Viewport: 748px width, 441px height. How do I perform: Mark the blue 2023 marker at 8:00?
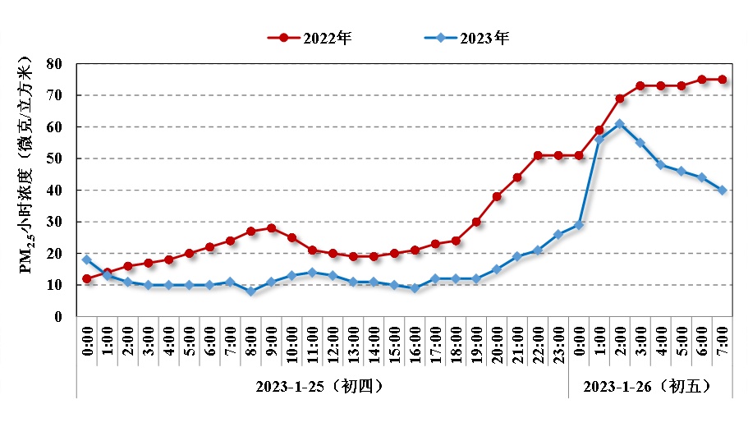click(x=250, y=291)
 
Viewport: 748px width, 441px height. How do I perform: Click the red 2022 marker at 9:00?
click(x=271, y=227)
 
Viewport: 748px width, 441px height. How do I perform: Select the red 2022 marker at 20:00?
click(x=497, y=196)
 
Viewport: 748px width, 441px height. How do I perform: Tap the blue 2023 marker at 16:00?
click(x=415, y=288)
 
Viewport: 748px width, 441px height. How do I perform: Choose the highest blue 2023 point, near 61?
click(x=620, y=124)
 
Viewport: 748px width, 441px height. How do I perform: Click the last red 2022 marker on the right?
click(x=723, y=79)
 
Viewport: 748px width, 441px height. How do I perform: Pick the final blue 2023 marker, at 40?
click(x=723, y=190)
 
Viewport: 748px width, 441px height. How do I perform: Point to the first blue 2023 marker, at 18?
click(x=86, y=260)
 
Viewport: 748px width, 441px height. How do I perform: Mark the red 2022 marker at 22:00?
click(x=538, y=155)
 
